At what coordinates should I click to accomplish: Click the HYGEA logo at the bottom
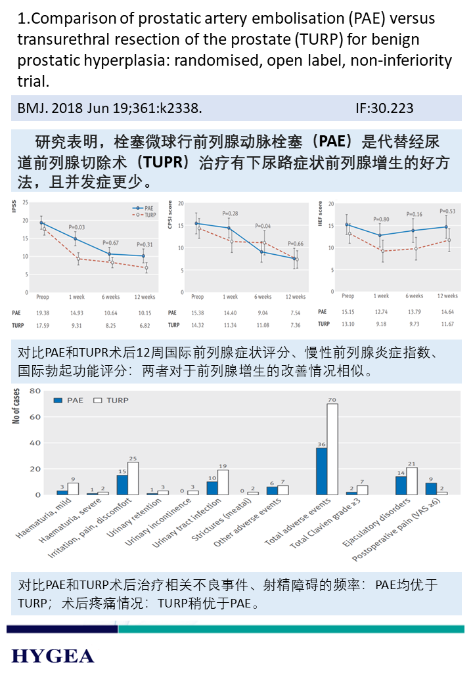click(x=53, y=655)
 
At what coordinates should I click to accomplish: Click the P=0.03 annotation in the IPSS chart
click(x=76, y=227)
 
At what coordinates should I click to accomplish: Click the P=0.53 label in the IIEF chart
click(x=448, y=211)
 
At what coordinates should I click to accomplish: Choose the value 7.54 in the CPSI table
click(x=296, y=313)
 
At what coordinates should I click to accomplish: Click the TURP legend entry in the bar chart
click(x=112, y=400)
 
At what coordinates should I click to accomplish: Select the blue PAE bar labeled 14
click(x=401, y=485)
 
